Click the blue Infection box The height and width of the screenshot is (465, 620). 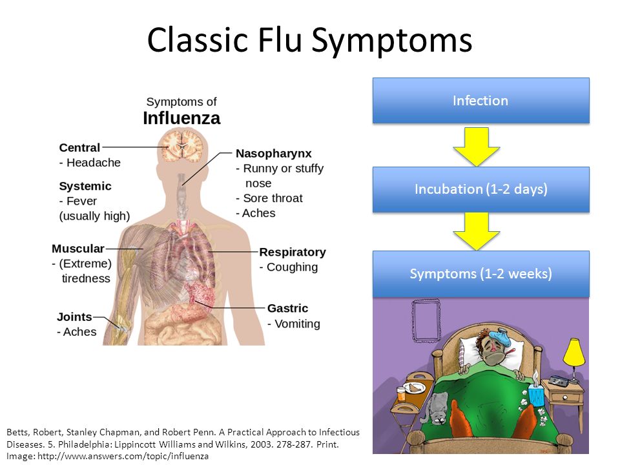[480, 101]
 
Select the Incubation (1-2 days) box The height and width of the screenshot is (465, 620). [480, 189]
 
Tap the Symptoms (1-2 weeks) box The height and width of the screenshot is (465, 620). [480, 274]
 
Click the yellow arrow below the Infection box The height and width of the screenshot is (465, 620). [477, 147]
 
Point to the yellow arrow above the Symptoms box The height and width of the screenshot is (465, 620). [477, 231]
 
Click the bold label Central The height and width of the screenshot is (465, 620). [79, 147]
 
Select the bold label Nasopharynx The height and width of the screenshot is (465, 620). [274, 154]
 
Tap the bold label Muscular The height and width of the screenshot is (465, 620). [78, 249]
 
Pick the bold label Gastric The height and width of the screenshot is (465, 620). [287, 308]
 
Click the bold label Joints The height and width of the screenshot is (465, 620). [74, 316]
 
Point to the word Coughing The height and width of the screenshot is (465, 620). [292, 267]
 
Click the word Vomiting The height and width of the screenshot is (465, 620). [297, 324]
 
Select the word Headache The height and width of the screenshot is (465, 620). [93, 163]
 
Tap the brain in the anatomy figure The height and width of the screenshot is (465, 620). [182, 147]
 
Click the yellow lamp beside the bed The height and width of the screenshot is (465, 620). [573, 353]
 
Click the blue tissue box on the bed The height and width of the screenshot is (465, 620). [536, 393]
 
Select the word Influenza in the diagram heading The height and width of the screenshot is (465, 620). [181, 118]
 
